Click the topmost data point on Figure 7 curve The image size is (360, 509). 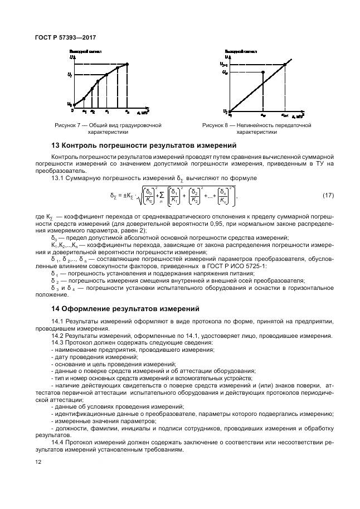tap(128, 65)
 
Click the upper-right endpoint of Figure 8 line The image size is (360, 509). tap(285, 65)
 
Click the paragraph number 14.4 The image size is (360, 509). tap(58, 442)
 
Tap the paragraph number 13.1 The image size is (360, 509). tap(58, 178)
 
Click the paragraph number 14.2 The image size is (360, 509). tap(58, 336)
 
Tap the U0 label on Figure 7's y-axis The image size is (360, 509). tap(70, 104)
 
